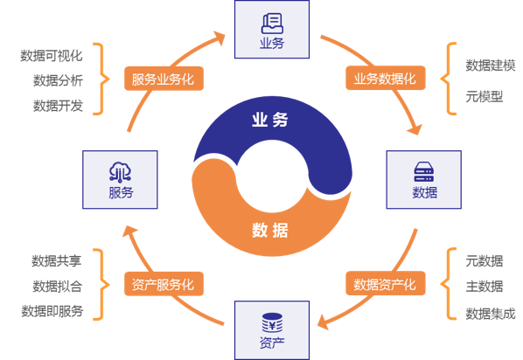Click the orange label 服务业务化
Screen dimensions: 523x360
[164, 79]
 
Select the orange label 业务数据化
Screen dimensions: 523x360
[385, 78]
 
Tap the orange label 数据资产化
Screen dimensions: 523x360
[385, 284]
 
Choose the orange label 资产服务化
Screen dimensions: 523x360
[164, 284]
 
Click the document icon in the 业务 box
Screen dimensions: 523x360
[272, 24]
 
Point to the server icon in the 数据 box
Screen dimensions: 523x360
[423, 171]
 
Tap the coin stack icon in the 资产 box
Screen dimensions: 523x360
[272, 322]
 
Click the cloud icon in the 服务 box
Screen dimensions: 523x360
[120, 172]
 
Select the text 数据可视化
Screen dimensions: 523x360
[52, 56]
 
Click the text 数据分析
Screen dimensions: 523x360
[58, 80]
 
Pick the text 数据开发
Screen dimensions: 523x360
[58, 106]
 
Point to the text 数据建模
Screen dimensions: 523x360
[491, 66]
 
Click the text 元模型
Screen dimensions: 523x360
[485, 97]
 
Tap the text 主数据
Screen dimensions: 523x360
[485, 287]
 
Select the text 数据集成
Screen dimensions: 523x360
[491, 314]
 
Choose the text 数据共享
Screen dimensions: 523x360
[56, 261]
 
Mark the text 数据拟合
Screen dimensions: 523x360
[58, 287]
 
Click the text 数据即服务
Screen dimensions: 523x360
[52, 311]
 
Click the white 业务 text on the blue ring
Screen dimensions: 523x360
[270, 120]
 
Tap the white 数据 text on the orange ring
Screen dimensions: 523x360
[270, 231]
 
